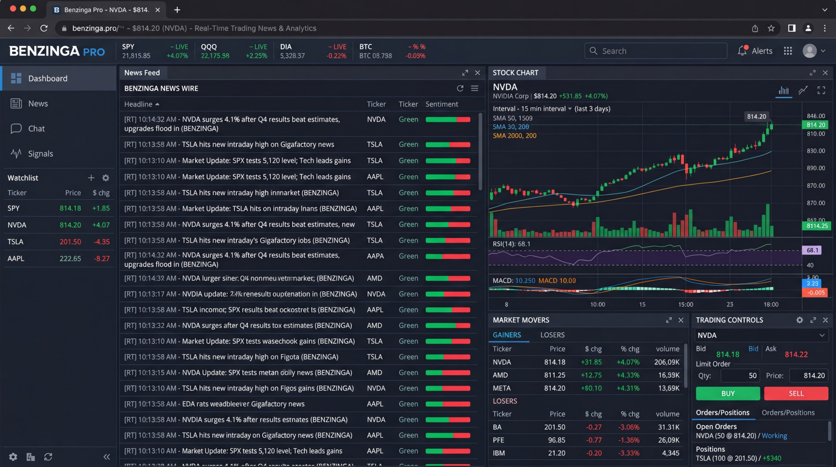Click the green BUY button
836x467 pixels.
coord(727,393)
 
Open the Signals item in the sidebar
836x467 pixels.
coord(40,154)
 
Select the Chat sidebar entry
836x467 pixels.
coord(36,129)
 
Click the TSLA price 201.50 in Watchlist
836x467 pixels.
coord(70,241)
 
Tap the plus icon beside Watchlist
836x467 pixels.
coord(91,178)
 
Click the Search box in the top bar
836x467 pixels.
coord(657,51)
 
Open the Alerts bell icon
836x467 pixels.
coord(742,51)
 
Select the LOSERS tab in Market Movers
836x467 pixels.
coord(552,335)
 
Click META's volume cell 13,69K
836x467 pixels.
coord(669,388)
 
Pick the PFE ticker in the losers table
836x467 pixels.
coord(498,440)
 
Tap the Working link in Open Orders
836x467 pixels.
coord(774,436)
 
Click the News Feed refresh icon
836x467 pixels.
coord(460,88)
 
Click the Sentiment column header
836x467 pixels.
coord(442,104)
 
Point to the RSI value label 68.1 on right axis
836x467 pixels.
coord(812,250)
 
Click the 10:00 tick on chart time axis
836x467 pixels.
coord(597,304)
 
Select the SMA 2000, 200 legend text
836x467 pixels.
coord(514,136)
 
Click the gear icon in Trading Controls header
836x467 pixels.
coord(799,320)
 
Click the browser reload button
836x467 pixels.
coord(44,28)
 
